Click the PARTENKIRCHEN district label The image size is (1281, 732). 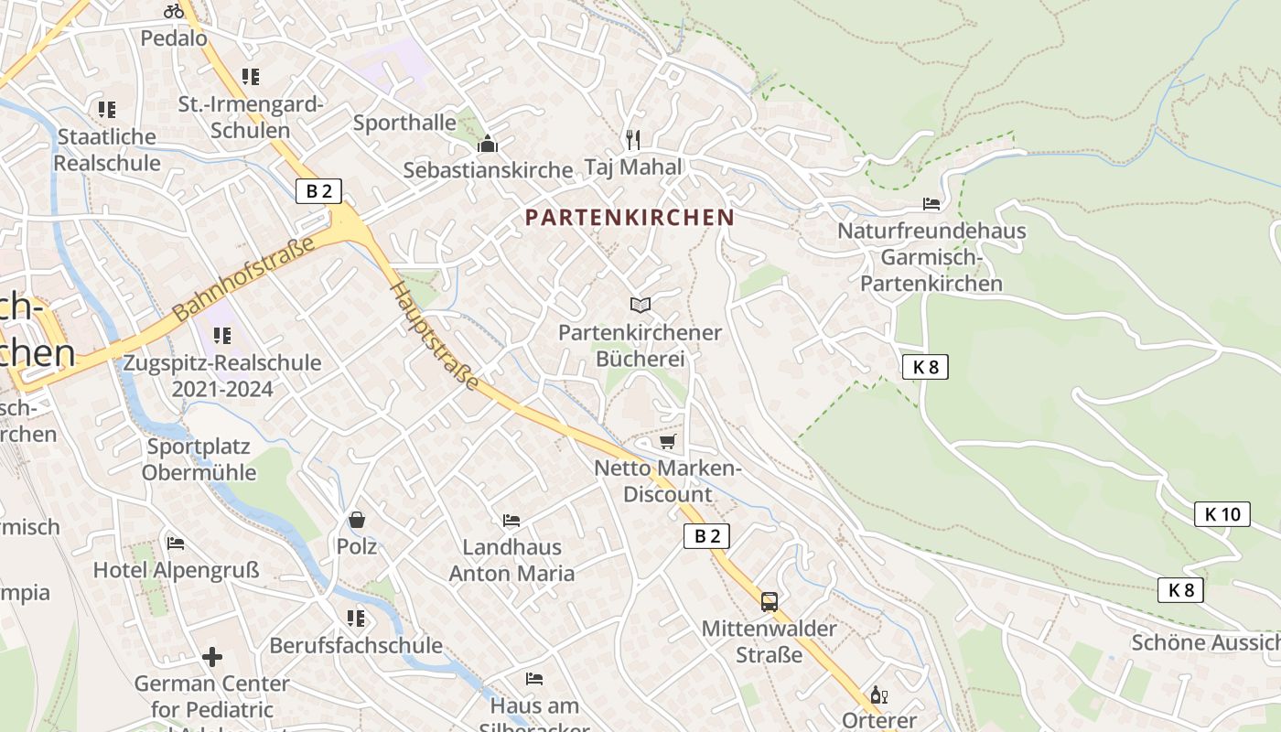coord(630,218)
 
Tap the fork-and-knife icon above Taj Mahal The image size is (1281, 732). coord(632,139)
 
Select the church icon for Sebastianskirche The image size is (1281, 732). coord(488,145)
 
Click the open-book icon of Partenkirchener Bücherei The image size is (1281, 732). coord(640,305)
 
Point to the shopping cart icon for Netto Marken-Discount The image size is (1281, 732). coord(667,442)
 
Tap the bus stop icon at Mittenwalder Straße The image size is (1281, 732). coord(770,601)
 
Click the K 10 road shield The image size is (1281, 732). coord(1222,514)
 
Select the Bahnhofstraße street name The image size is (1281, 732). coord(243,278)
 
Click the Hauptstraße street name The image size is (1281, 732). coord(435,336)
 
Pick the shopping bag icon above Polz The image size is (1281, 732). coord(357,520)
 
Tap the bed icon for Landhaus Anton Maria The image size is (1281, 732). coord(511,521)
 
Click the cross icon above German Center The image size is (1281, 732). coord(212,657)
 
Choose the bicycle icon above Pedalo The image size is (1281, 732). coord(174,11)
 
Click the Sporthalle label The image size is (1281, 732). coord(404,123)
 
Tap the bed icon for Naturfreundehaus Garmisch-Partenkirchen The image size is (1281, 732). coord(931,204)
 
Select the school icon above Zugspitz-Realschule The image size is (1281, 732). coord(222,336)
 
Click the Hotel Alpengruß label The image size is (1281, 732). coord(177,570)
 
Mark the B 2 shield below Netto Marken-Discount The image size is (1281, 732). coord(706,536)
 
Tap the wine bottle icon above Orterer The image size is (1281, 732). coord(879,694)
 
